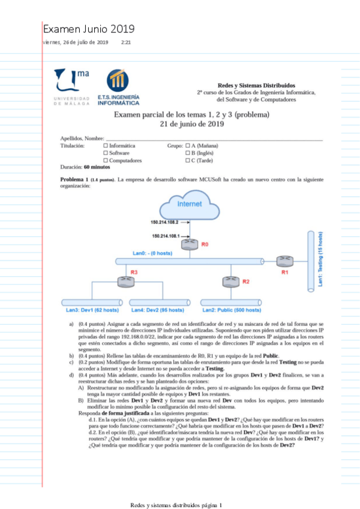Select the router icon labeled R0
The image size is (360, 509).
(x=191, y=243)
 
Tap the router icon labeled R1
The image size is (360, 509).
(x=284, y=261)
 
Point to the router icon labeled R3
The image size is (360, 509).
(x=125, y=280)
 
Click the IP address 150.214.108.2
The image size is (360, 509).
(x=165, y=222)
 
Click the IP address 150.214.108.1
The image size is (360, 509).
(x=167, y=236)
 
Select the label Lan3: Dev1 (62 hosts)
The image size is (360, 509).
(x=92, y=310)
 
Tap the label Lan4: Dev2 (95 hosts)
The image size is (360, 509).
(x=158, y=310)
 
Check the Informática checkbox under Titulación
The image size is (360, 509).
(x=106, y=146)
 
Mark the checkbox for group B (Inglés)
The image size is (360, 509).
(x=188, y=153)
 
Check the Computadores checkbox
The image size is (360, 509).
(x=106, y=161)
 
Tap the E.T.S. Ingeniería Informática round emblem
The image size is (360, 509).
(x=116, y=80)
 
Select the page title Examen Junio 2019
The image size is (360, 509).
(x=89, y=29)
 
